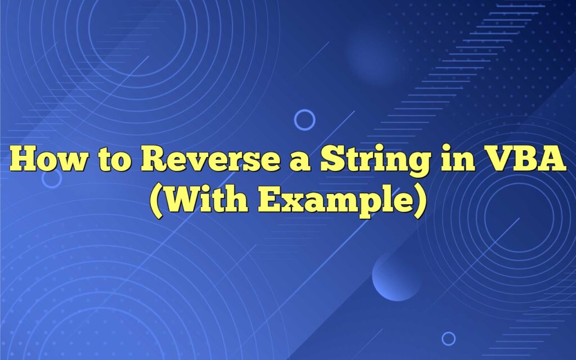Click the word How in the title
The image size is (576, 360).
tap(48, 160)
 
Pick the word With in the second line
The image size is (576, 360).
tap(208, 201)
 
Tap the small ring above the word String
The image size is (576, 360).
tap(305, 120)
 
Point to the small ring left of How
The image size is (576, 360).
tap(52, 178)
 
